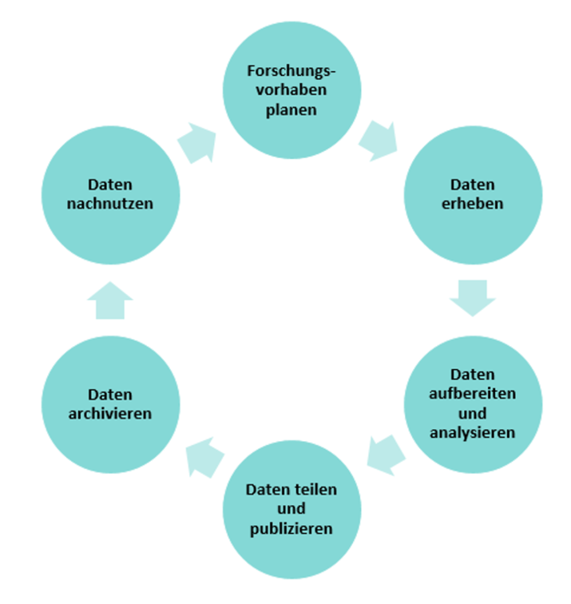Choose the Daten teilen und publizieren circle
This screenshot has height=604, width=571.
point(289,509)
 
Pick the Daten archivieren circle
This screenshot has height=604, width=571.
point(109,403)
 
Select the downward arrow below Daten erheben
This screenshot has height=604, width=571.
point(472,296)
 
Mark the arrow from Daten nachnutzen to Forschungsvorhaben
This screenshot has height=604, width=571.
point(196,141)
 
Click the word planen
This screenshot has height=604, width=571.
point(291,109)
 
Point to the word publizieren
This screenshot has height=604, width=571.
point(290,528)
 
